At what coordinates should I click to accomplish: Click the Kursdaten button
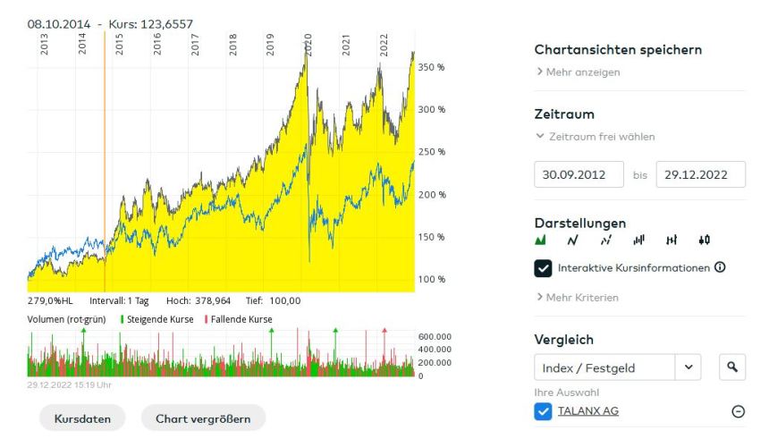pyautogui.click(x=82, y=418)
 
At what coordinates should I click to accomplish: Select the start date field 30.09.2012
pyautogui.click(x=579, y=174)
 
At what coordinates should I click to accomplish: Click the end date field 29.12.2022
pyautogui.click(x=700, y=174)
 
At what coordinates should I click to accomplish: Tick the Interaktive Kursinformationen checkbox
pyautogui.click(x=543, y=267)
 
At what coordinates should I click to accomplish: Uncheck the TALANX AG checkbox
pyautogui.click(x=543, y=410)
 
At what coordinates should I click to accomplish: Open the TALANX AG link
pyautogui.click(x=587, y=410)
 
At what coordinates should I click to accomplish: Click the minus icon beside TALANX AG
pyautogui.click(x=738, y=411)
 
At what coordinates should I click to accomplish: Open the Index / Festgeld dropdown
pyautogui.click(x=618, y=367)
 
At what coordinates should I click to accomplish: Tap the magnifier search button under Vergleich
pyautogui.click(x=732, y=367)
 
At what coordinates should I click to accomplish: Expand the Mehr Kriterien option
pyautogui.click(x=582, y=297)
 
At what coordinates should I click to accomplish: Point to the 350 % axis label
pyautogui.click(x=432, y=67)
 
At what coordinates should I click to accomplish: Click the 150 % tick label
pyautogui.click(x=432, y=237)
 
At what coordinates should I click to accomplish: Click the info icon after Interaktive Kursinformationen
pyautogui.click(x=720, y=267)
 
